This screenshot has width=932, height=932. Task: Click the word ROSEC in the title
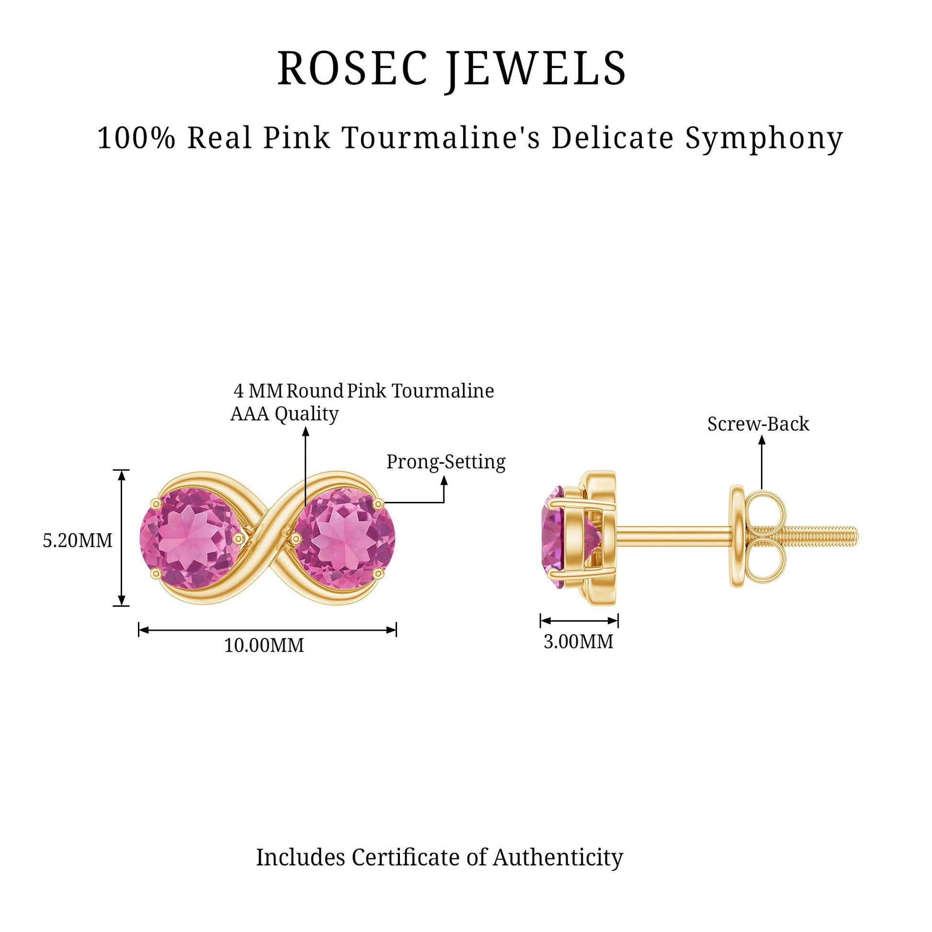coord(352,68)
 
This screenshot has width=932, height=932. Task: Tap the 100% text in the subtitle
coord(136,138)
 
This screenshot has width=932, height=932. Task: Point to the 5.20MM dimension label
coord(78,540)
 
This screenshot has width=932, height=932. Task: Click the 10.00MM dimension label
coord(264,645)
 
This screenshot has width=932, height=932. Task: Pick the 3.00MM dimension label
coord(579,641)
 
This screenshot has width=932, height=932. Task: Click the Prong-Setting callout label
coord(446,462)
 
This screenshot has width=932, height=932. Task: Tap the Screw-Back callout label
coord(758,423)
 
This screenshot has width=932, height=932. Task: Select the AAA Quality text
coord(284,413)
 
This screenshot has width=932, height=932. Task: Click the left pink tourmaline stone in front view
coord(190,538)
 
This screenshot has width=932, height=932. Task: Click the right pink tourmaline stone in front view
coord(344,538)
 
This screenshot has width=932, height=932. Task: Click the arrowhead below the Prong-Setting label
coord(444,480)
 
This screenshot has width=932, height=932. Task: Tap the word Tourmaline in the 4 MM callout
coord(443,391)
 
